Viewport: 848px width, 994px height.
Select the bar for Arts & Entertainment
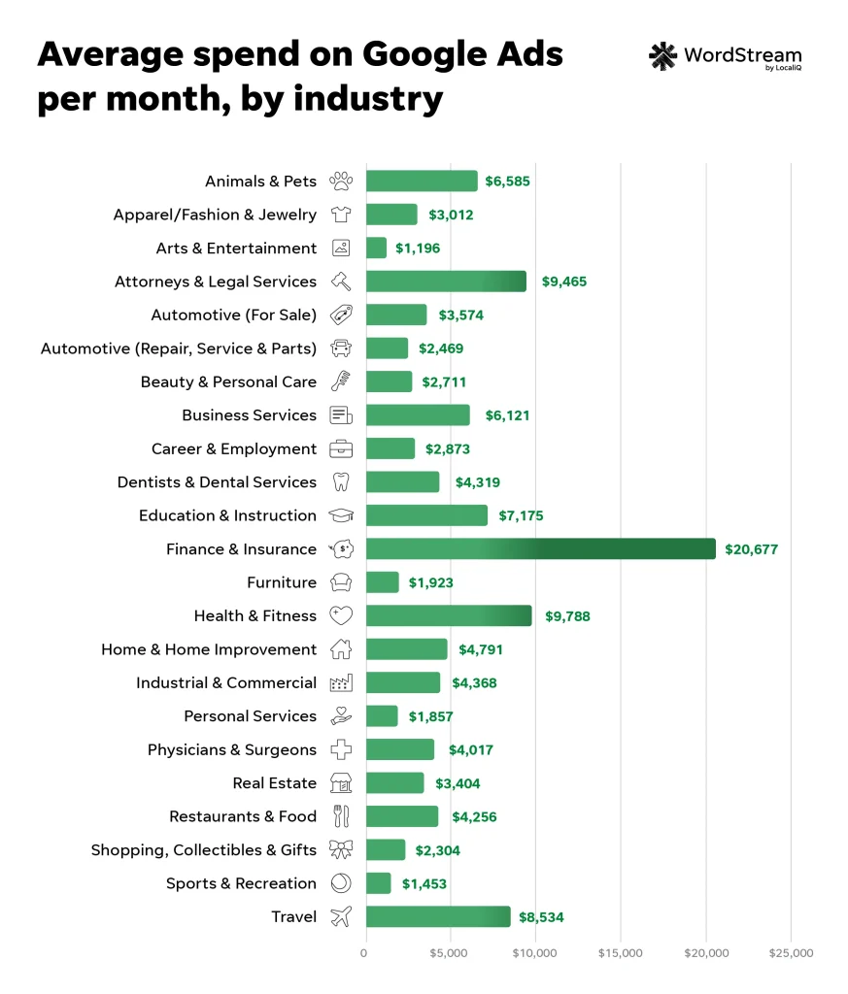coord(376,248)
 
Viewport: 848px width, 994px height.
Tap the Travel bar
coord(438,917)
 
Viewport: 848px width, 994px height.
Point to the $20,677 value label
coord(752,549)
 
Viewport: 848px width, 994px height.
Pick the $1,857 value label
coord(430,716)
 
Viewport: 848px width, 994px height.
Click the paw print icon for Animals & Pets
coord(341,182)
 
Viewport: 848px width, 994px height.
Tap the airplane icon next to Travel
coord(341,917)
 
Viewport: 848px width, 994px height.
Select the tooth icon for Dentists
coord(341,482)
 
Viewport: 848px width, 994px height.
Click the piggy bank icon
coord(341,549)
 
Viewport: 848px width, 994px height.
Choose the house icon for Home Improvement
coord(341,649)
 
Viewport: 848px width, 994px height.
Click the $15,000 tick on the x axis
coord(621,953)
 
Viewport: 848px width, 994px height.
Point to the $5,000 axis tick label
coord(451,953)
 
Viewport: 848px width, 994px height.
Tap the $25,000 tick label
coord(791,953)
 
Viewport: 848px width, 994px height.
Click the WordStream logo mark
coord(662,56)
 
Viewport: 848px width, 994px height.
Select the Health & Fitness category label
coord(255,616)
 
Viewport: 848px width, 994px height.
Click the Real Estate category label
coord(274,783)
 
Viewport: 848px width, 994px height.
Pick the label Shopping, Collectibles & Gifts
coord(204,850)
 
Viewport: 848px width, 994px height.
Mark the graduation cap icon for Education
coord(341,516)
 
